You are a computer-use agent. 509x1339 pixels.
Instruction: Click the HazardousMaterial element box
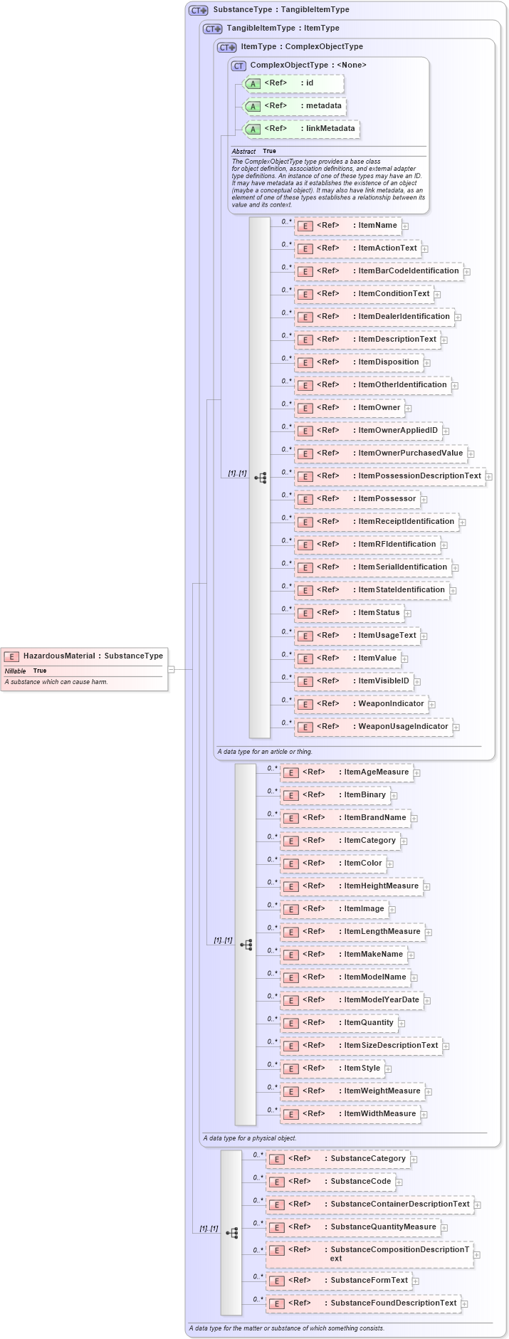84,656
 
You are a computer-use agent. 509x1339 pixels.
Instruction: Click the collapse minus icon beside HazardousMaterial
171,669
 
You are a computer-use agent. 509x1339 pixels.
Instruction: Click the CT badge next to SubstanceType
198,10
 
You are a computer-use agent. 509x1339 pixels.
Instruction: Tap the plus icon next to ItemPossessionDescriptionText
489,477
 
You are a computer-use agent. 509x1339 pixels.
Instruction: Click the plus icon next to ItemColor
390,864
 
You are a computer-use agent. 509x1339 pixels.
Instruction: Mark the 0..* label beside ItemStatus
287,609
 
